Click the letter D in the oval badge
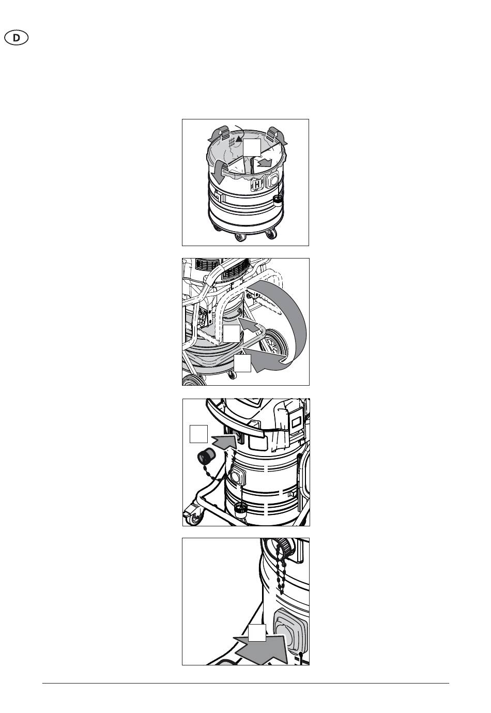pos(16,38)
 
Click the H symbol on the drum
pos(256,184)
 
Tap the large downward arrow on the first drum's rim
pos(219,171)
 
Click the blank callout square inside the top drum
pos(252,147)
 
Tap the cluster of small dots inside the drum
pos(232,142)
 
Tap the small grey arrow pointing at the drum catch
pos(249,324)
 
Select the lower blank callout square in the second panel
pos(242,363)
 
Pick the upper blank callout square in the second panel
pos(232,333)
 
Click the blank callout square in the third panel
pos(198,433)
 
